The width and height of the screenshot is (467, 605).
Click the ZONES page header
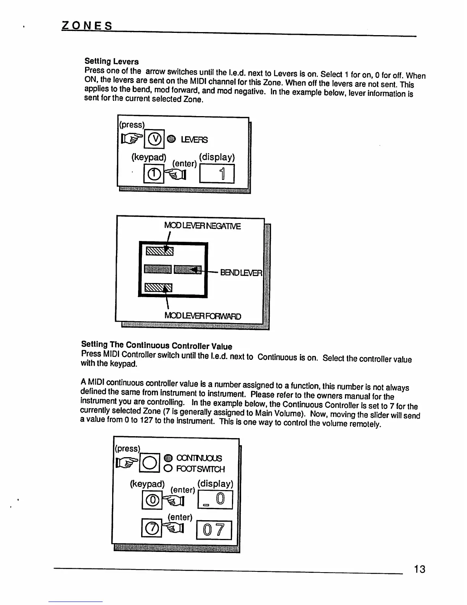coord(87,26)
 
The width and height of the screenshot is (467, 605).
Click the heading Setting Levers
coord(111,61)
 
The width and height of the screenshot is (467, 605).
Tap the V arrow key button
coord(154,139)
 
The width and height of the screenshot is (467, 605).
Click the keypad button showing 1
coord(153,174)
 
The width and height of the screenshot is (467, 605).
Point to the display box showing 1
coord(217,174)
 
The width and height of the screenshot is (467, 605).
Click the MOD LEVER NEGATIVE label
coord(202,226)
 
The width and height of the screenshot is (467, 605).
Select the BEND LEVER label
coord(241,273)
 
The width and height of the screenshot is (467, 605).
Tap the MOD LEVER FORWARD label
coord(203,316)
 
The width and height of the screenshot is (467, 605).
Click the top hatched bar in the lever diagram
coord(159,251)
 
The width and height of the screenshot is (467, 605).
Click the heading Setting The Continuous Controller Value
coord(156,346)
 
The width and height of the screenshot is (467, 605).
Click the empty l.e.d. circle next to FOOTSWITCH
coord(168,469)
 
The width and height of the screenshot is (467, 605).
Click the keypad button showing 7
coord(151,527)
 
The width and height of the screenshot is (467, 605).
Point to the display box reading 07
coord(214,530)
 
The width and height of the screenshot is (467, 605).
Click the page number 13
coord(419,569)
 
